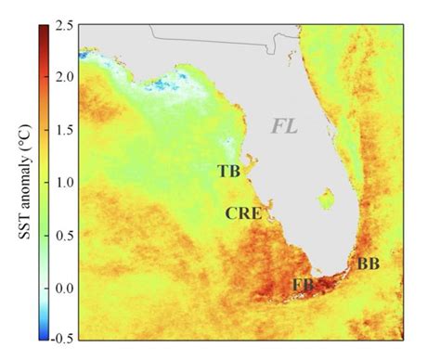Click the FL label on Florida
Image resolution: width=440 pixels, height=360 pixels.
tap(284, 124)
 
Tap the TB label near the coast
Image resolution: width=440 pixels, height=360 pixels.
tap(229, 171)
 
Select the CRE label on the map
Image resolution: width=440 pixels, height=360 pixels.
tap(242, 213)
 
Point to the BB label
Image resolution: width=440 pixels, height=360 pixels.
tap(368, 264)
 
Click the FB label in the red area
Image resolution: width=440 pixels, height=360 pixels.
tap(302, 284)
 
